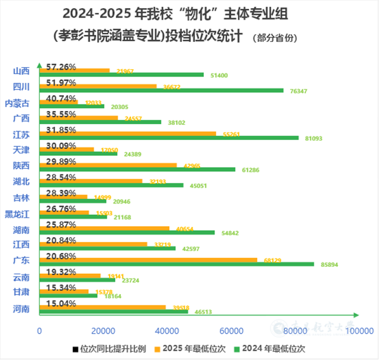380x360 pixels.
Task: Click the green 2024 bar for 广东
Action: (x=177, y=264)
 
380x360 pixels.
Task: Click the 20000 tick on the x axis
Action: (x=103, y=331)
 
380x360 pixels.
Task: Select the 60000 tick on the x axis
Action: (x=231, y=331)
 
